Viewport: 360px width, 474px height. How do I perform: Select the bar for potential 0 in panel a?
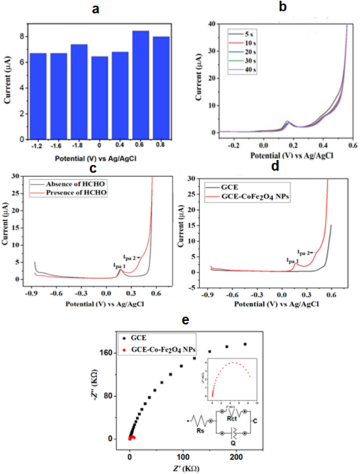[x=100, y=98]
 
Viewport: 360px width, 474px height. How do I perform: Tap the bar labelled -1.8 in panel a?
[x=79, y=92]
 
